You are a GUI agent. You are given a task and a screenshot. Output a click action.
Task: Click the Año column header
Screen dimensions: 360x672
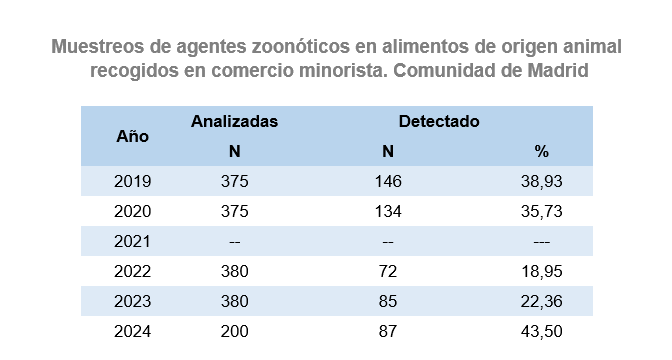(132, 136)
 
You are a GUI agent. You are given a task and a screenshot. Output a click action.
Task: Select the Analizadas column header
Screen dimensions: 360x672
(234, 121)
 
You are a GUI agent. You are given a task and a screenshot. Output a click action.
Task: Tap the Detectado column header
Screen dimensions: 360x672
(439, 121)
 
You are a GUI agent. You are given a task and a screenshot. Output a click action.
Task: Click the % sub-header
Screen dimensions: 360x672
(542, 151)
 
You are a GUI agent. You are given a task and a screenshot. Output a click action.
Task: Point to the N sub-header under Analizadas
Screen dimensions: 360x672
(234, 151)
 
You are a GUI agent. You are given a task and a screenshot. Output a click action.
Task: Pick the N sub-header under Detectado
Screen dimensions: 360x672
(388, 151)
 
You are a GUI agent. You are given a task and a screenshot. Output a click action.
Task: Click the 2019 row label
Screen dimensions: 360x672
(132, 181)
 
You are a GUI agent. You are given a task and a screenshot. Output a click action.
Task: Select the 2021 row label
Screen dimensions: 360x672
(132, 241)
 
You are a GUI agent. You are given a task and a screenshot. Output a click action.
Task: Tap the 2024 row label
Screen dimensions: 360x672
(132, 331)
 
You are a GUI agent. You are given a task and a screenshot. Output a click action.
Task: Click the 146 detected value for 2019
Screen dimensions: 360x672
(388, 181)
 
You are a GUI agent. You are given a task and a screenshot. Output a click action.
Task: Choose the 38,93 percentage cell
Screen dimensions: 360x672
(542, 181)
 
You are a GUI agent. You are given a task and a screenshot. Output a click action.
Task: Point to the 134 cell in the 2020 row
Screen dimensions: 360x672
(388, 211)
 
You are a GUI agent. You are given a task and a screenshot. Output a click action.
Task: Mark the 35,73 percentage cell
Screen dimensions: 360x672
(542, 211)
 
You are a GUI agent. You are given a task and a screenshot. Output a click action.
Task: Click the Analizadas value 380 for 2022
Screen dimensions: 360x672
(234, 271)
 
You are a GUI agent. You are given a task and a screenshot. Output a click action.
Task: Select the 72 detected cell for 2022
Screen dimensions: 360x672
(388, 271)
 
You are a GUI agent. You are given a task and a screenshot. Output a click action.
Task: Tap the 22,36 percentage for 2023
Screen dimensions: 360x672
(542, 301)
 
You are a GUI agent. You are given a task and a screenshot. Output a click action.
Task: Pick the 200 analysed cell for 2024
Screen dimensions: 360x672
(234, 331)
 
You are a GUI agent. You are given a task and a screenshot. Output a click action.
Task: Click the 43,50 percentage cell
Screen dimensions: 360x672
(542, 331)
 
